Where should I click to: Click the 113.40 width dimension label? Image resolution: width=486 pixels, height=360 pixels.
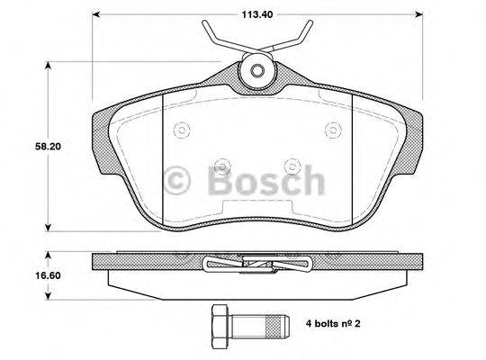[258, 14]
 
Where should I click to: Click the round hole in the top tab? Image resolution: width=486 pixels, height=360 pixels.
[256, 72]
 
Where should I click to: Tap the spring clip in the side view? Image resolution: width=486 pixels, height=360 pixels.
[258, 264]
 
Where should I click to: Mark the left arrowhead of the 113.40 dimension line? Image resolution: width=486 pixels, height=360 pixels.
[97, 14]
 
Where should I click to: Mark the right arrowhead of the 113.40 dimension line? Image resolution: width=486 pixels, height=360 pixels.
[419, 14]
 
